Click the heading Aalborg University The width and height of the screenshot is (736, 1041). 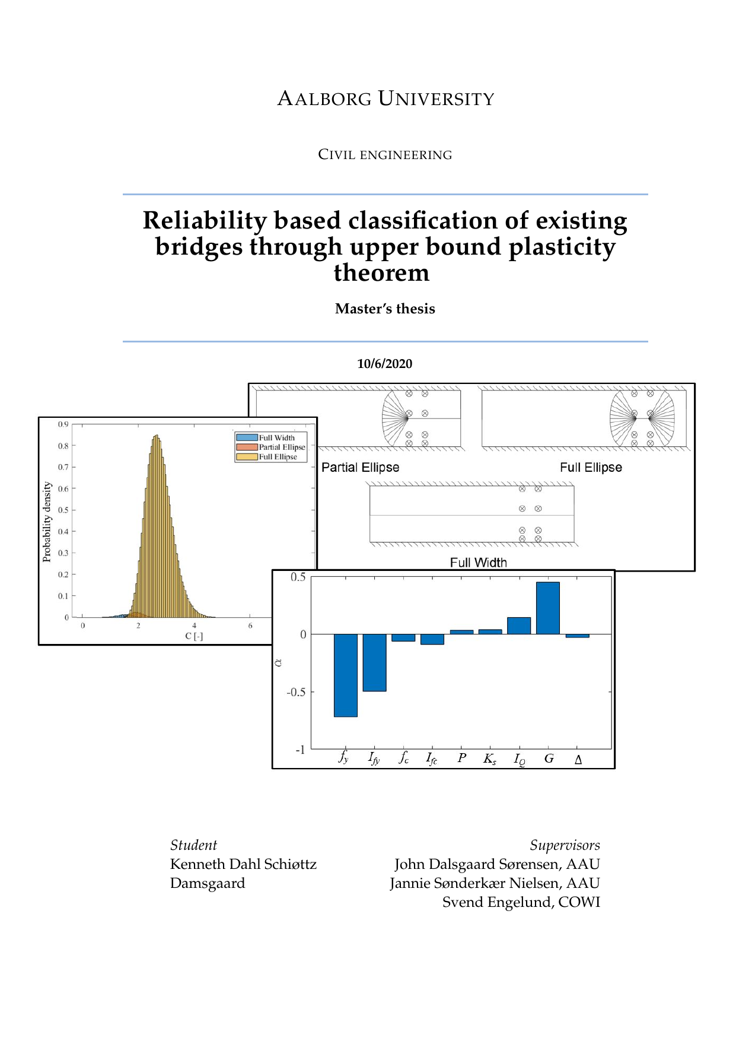(385, 99)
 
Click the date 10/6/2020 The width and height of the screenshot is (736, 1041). (384, 364)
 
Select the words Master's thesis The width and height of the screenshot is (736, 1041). (385, 309)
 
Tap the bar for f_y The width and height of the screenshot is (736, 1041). (345, 675)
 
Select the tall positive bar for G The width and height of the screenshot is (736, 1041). (547, 608)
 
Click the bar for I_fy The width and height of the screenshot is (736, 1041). (374, 662)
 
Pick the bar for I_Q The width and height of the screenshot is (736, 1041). (519, 626)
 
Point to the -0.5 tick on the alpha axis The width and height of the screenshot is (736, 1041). (296, 692)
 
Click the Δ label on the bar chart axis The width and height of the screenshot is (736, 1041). (578, 759)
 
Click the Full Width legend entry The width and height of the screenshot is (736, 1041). (276, 438)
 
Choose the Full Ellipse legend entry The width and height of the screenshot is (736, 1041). (278, 457)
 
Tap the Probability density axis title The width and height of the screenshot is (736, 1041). (47, 522)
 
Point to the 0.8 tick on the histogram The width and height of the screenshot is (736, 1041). (63, 446)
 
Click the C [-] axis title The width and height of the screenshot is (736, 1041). (194, 636)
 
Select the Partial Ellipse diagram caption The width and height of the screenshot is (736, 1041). (360, 468)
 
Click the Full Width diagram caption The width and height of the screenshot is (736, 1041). (478, 563)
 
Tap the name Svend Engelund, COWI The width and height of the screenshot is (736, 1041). (521, 902)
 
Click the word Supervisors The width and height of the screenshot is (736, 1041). (565, 845)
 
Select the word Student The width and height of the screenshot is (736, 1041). (193, 845)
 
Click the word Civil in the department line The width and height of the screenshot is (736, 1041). (336, 155)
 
